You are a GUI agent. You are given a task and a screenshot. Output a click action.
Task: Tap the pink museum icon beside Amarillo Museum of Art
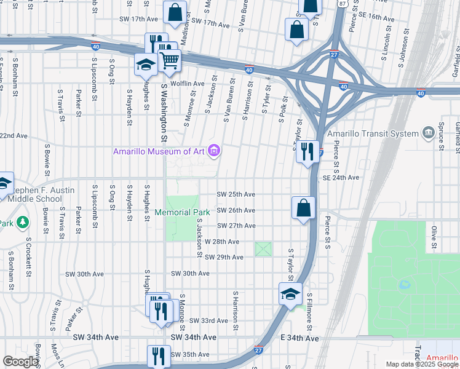tap(214, 150)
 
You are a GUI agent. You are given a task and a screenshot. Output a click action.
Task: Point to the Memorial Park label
tap(183, 212)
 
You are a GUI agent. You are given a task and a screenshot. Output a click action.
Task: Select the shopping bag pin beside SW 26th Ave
tap(304, 207)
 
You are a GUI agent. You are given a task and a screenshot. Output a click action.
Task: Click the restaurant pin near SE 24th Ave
tap(307, 151)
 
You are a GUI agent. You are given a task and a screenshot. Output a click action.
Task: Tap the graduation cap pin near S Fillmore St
tap(290, 293)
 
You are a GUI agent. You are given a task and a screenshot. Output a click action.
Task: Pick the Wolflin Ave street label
tap(187, 84)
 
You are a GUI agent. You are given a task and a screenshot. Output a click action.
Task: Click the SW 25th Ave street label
tap(236, 194)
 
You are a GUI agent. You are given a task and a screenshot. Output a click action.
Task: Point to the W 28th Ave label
tap(222, 242)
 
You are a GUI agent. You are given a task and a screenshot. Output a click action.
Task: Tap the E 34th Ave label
tap(299, 338)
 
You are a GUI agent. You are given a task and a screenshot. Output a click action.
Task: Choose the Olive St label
tap(434, 234)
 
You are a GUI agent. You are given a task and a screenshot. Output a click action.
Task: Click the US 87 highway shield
tap(342, 4)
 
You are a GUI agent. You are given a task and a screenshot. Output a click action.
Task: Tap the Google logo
tap(20, 362)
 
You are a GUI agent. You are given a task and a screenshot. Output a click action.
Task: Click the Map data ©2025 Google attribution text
tap(421, 364)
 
